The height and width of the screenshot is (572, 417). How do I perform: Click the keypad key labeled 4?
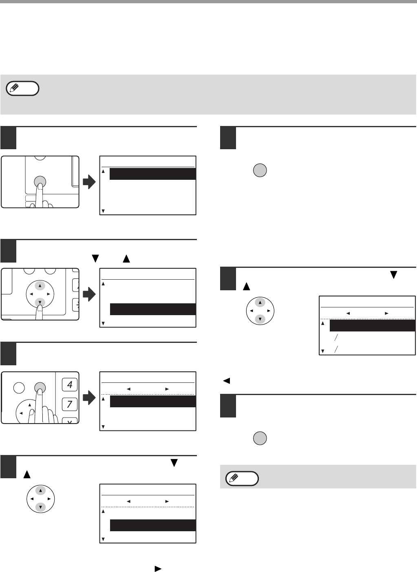[69, 384]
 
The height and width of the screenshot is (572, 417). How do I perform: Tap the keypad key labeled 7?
[69, 404]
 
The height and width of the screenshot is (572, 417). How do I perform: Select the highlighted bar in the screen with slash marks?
[372, 325]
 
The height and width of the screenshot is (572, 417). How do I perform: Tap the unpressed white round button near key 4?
[19, 387]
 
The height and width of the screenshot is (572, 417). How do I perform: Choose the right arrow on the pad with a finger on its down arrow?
[49, 294]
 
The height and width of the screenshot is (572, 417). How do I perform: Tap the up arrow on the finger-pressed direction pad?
[40, 285]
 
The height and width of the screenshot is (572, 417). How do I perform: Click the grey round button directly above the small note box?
[260, 438]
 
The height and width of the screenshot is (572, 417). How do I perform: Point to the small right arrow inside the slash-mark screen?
[386, 314]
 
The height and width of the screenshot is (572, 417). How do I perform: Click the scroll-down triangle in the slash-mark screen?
[323, 351]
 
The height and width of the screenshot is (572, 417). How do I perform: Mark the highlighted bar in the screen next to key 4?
[153, 401]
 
